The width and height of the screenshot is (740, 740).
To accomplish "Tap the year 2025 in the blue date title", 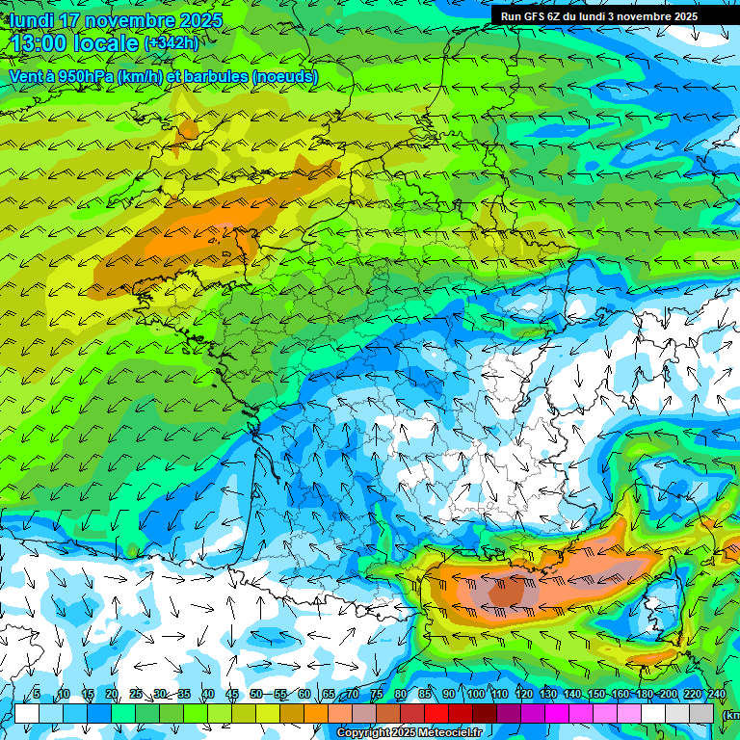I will coord(200,20).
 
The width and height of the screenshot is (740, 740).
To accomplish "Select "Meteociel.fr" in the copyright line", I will coord(449,733).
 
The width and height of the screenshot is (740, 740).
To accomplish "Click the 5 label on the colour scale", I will coord(37,695).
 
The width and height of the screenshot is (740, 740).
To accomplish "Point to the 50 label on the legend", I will coord(256,695).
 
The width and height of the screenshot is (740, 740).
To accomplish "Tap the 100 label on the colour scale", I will coord(475,695).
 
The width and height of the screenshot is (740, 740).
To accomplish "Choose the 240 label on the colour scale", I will coord(717,695).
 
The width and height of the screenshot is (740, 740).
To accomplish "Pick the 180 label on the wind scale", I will coord(644,695).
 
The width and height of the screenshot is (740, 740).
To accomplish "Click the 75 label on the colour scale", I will coord(377,695).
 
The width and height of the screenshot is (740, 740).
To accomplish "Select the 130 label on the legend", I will coord(547,695).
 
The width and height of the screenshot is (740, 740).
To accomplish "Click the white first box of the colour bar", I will coord(26,713).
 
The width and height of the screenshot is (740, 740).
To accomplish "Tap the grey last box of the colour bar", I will coord(701,713).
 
